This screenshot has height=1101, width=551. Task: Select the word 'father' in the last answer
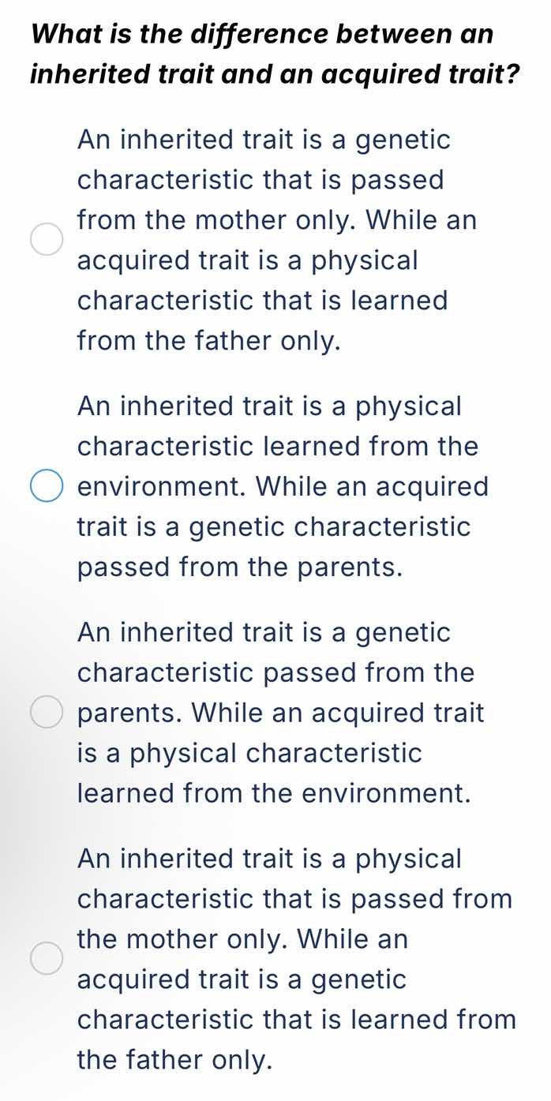click(x=183, y=1060)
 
